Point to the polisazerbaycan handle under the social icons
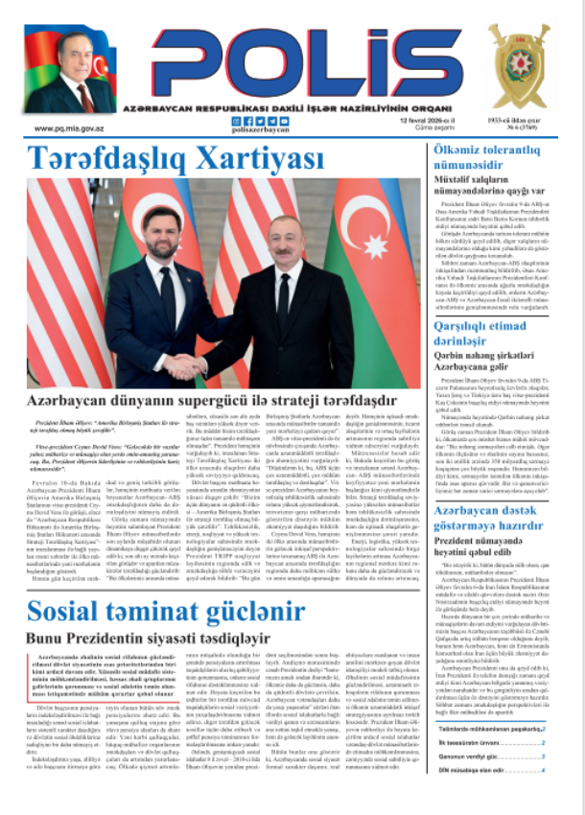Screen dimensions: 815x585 pos(261,130)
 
